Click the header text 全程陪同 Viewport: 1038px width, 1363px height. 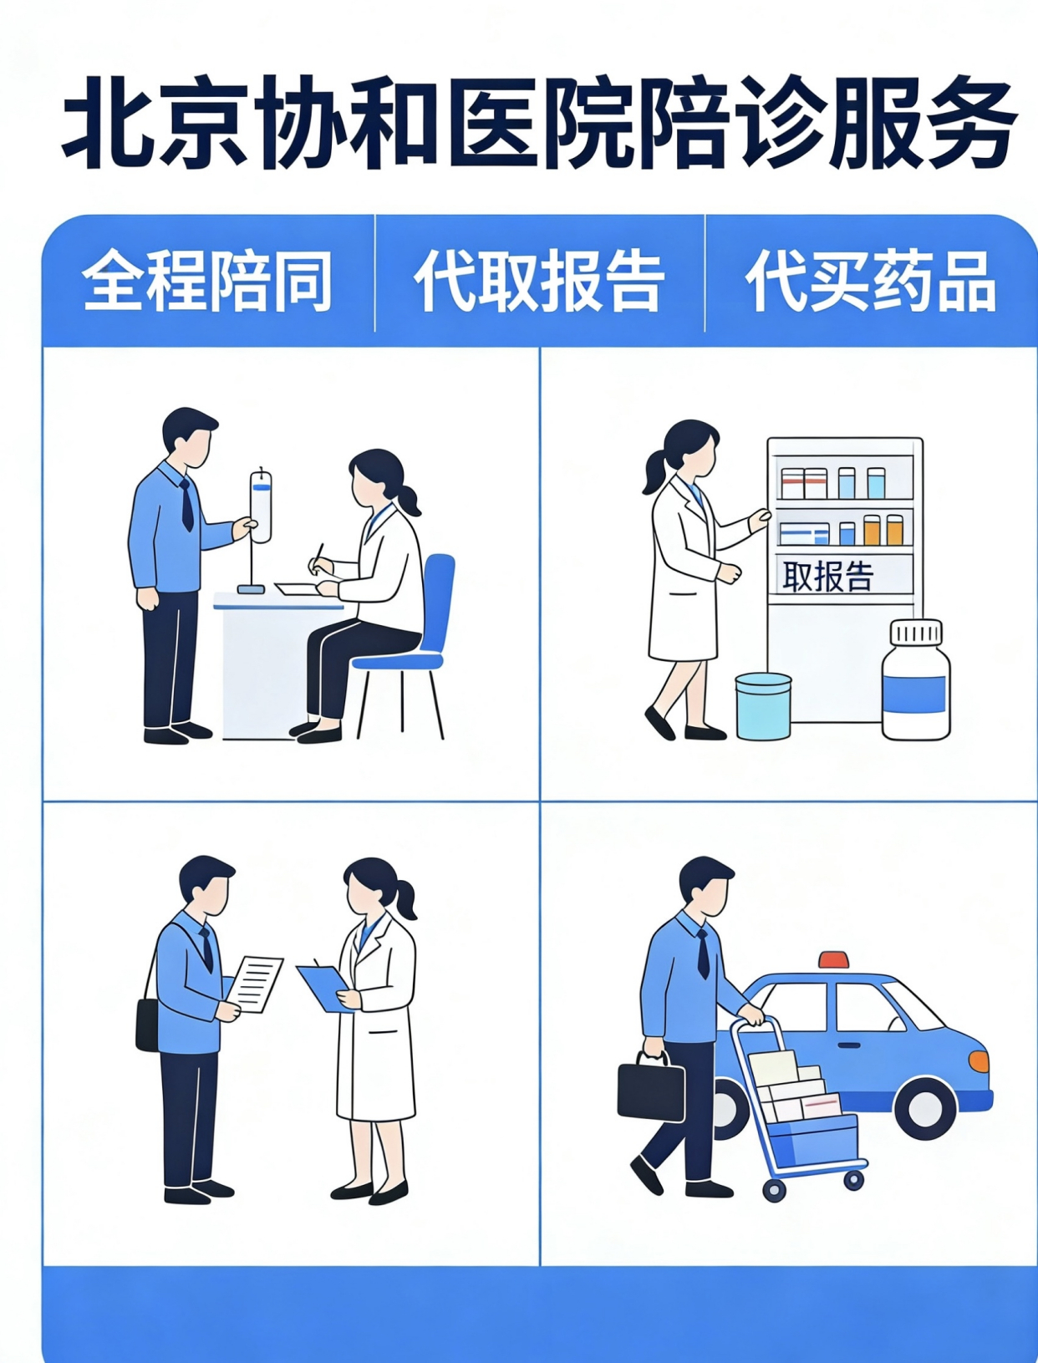coord(206,280)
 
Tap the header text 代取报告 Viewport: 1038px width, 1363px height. coord(539,280)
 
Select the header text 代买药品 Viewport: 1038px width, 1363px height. coord(870,280)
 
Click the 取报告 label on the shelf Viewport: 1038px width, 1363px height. coord(827,576)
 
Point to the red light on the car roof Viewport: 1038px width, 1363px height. coord(833,959)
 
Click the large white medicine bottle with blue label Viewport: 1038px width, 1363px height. coord(916,684)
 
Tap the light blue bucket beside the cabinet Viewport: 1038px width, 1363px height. coord(763,706)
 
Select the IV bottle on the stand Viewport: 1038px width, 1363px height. coord(261,506)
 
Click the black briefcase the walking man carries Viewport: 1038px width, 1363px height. coord(650,1090)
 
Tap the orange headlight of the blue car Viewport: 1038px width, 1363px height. coord(979,1061)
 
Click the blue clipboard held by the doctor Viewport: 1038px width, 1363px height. coord(323,986)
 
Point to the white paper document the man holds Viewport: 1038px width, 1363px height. coord(256,983)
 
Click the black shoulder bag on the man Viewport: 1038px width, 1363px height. coord(147,1024)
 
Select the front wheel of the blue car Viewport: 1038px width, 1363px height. coord(924,1108)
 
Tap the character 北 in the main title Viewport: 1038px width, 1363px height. coord(109,123)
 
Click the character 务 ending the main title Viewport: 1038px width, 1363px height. coord(969,123)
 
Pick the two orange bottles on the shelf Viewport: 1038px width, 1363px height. coord(883,530)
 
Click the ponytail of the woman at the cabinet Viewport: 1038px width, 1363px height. coord(654,475)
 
